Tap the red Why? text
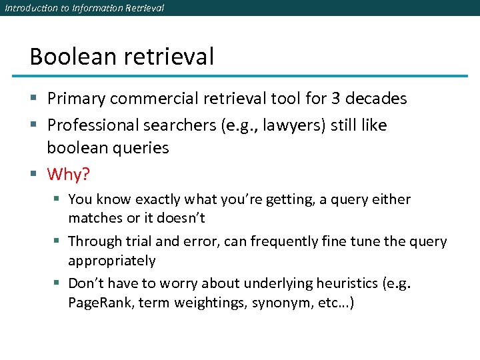click(68, 175)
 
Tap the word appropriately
click(111, 261)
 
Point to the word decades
click(377, 99)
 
